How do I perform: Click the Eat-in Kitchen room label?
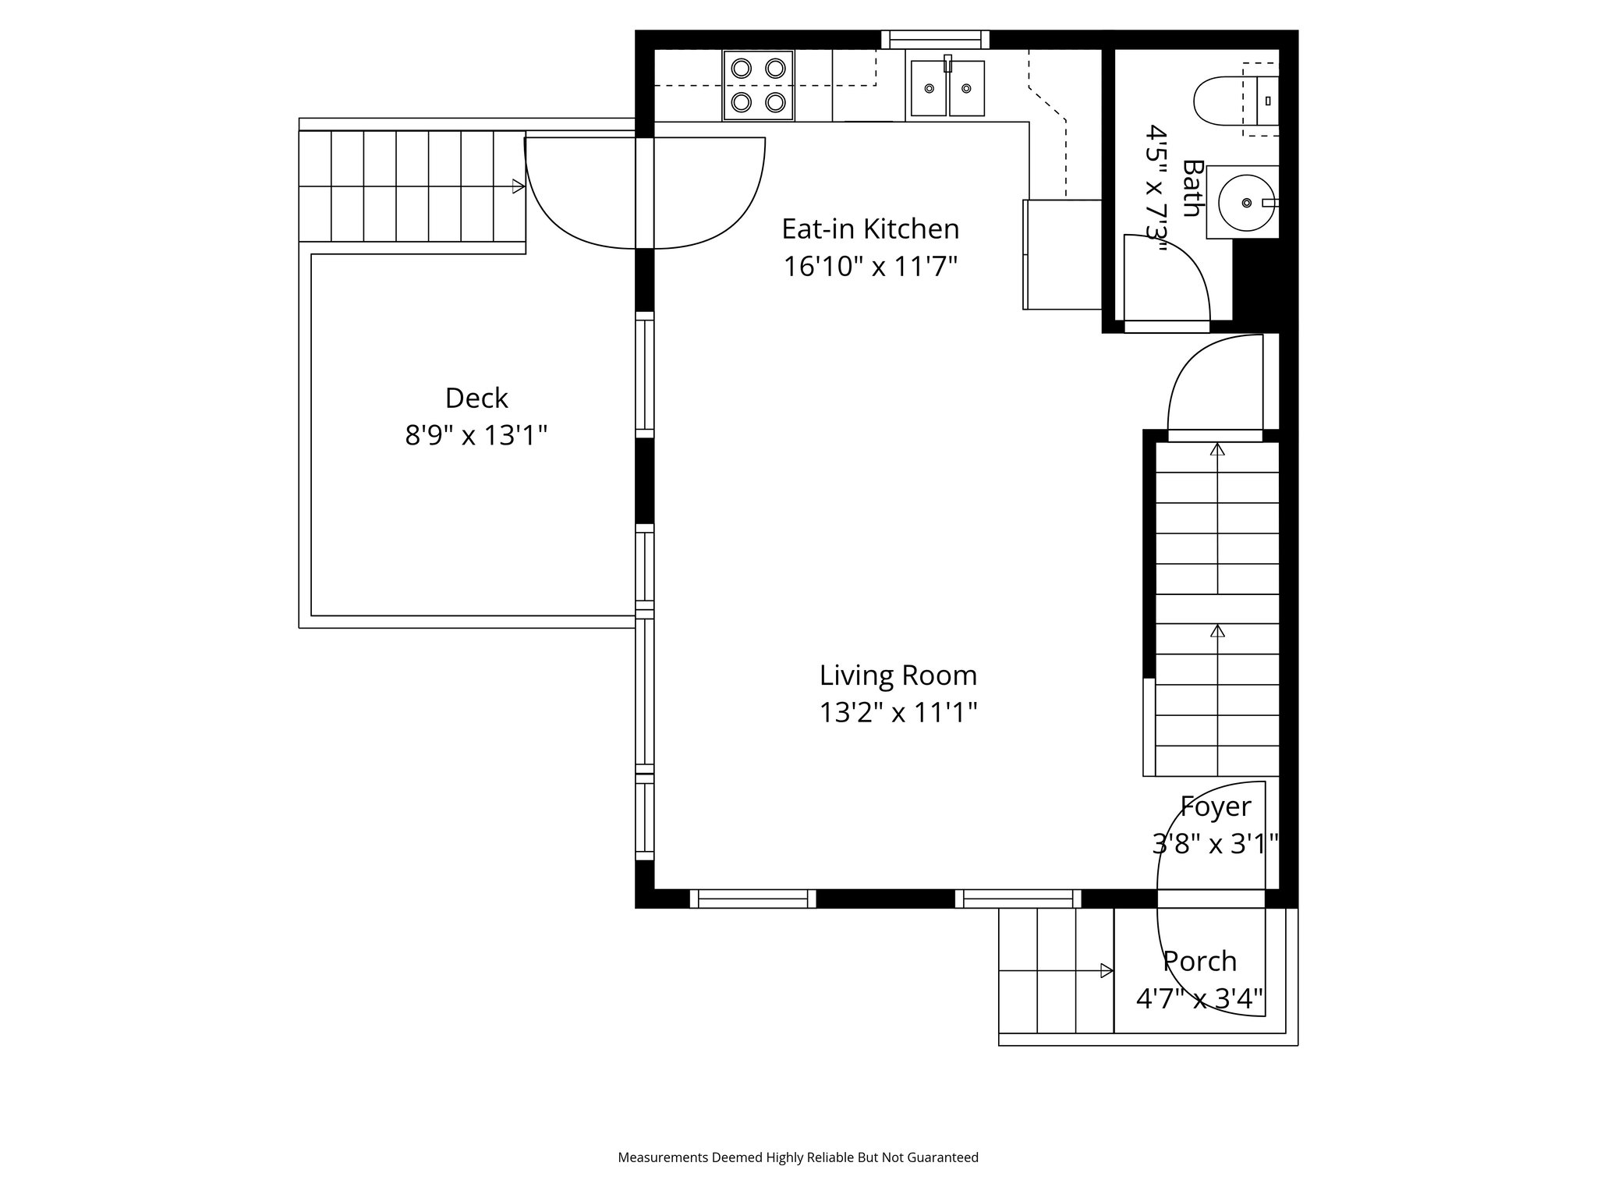(870, 229)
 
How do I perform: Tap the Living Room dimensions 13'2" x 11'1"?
(898, 713)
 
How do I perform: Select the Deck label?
(476, 399)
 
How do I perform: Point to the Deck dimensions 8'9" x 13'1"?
(476, 436)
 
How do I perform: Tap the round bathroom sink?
(1245, 203)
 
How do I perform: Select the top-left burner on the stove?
(741, 69)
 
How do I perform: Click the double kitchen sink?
(947, 89)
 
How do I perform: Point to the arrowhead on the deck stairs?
(518, 186)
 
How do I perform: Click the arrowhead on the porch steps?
(1106, 970)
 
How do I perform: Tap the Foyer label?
(1215, 806)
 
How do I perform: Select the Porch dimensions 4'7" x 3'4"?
(1199, 999)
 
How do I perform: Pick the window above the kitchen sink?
(935, 40)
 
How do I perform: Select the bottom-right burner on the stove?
(774, 101)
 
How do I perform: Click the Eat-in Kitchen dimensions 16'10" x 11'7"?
(870, 267)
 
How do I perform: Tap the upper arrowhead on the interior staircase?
(1217, 449)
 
